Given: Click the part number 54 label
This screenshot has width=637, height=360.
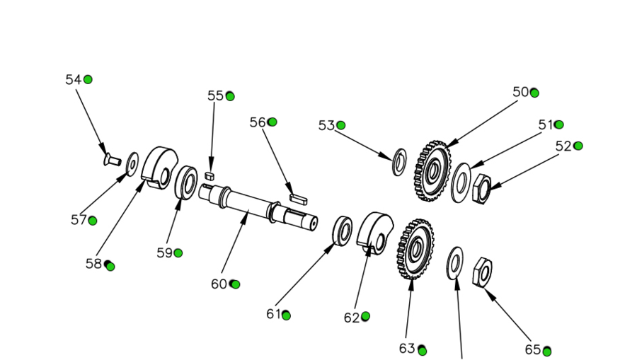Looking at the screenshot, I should (74, 80).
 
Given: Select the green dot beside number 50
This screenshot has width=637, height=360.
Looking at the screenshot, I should (534, 93).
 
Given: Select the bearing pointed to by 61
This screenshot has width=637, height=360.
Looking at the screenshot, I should (343, 230).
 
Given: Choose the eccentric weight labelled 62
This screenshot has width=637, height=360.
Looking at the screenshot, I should (374, 232).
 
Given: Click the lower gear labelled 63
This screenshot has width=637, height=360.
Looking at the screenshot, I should (415, 248).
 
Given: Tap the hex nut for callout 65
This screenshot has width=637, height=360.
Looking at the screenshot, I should (482, 271).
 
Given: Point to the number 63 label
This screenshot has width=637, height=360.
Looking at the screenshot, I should (407, 349).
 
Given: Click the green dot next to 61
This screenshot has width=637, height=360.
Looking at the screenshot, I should (286, 315).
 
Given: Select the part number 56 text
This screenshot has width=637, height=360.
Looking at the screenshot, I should (258, 122).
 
